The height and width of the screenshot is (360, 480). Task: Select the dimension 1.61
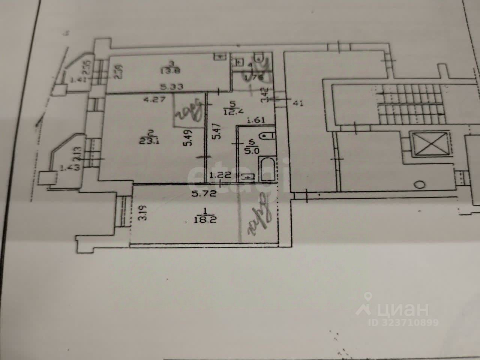[256, 120]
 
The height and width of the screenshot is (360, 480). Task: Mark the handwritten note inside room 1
[258, 215]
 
